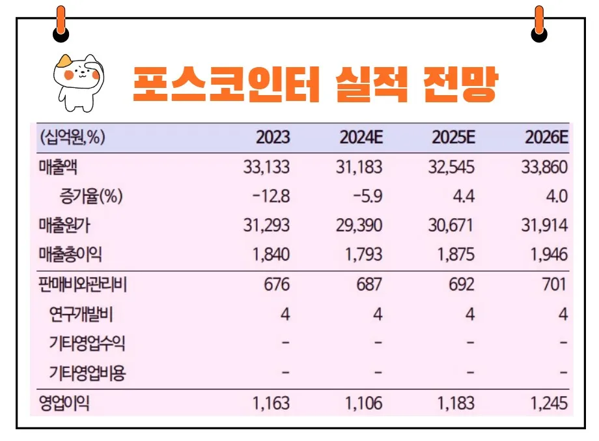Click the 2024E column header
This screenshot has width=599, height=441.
point(361,138)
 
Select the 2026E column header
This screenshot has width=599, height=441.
point(546,138)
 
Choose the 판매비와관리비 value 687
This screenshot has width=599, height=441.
point(369,285)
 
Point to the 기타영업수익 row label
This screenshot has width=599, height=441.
point(88,344)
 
